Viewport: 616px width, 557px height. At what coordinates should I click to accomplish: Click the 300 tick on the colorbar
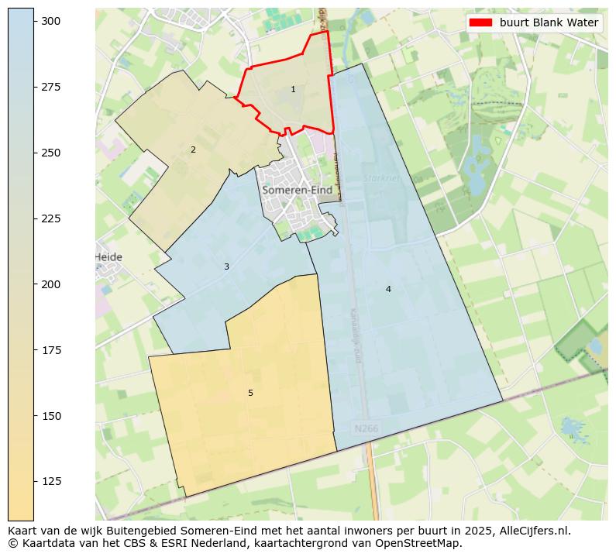(x=34, y=21)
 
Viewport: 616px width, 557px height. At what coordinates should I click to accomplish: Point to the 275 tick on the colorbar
(x=34, y=87)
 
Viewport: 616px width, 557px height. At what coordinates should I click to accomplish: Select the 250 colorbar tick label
(x=51, y=153)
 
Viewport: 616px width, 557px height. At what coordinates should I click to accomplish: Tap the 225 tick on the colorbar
(x=34, y=218)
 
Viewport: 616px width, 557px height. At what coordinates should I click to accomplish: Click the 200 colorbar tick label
(x=51, y=284)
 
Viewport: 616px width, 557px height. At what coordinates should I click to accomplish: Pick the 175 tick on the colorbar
(x=34, y=350)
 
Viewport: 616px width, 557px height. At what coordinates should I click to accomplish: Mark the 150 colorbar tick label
(x=51, y=416)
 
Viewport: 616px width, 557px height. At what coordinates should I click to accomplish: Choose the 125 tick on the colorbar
(x=34, y=482)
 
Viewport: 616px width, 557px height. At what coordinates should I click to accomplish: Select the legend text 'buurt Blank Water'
(x=549, y=23)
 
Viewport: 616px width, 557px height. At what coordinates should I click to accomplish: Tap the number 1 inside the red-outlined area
(x=293, y=90)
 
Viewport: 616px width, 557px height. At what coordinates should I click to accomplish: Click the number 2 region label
(x=193, y=150)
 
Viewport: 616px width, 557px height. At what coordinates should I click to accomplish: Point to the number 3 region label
(x=226, y=267)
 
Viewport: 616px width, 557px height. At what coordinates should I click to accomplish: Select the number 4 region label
(x=388, y=290)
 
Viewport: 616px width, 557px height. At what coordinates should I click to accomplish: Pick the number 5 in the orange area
(x=250, y=394)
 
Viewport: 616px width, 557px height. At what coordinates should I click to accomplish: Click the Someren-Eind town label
(x=297, y=191)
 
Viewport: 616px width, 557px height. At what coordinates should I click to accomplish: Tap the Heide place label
(x=108, y=257)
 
